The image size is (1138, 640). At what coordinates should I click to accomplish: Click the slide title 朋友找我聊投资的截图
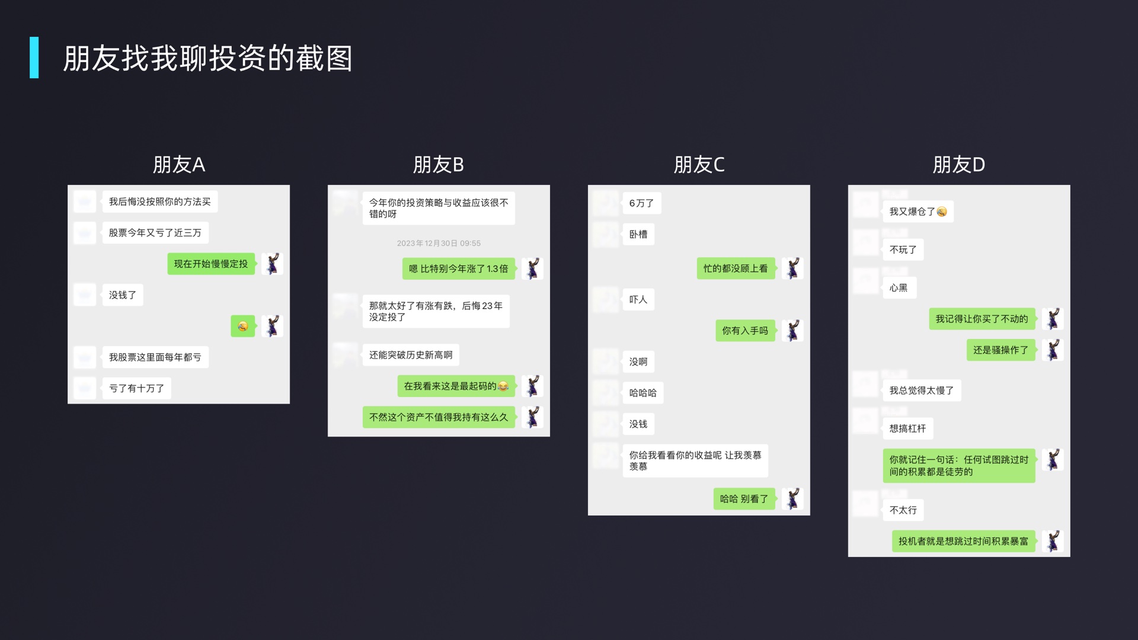coord(207,58)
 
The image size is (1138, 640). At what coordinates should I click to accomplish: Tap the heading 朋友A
coord(178,165)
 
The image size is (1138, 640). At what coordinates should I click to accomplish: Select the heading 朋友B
coord(438,165)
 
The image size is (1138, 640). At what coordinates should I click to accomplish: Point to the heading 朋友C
coord(699,165)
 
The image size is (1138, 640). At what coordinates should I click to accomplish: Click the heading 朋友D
coord(958,165)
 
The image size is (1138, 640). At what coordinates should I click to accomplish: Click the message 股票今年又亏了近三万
coord(155,233)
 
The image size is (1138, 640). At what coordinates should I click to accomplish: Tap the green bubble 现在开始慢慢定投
coord(211,264)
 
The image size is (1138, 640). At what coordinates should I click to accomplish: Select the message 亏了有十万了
coord(136,388)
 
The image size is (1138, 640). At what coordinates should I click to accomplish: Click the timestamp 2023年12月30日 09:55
coord(439,243)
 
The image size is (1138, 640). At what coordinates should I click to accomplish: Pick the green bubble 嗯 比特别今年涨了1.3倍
coord(458,268)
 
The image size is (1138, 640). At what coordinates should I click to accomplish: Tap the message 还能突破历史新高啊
coord(410,355)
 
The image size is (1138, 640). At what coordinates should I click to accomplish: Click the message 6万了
coord(641,203)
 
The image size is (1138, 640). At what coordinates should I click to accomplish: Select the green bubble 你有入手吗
coord(744,331)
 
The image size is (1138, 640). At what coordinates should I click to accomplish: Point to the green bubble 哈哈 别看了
coord(743,499)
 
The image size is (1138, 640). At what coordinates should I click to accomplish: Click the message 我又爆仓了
coord(918,212)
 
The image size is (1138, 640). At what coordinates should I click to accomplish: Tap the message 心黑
coord(898,288)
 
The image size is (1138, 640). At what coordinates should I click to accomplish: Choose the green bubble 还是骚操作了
coord(1000,350)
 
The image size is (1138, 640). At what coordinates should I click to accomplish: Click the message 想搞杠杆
coord(907,428)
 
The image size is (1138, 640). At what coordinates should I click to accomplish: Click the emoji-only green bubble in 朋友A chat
coord(242,326)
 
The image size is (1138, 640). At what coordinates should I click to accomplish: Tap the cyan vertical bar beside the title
coord(34,57)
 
